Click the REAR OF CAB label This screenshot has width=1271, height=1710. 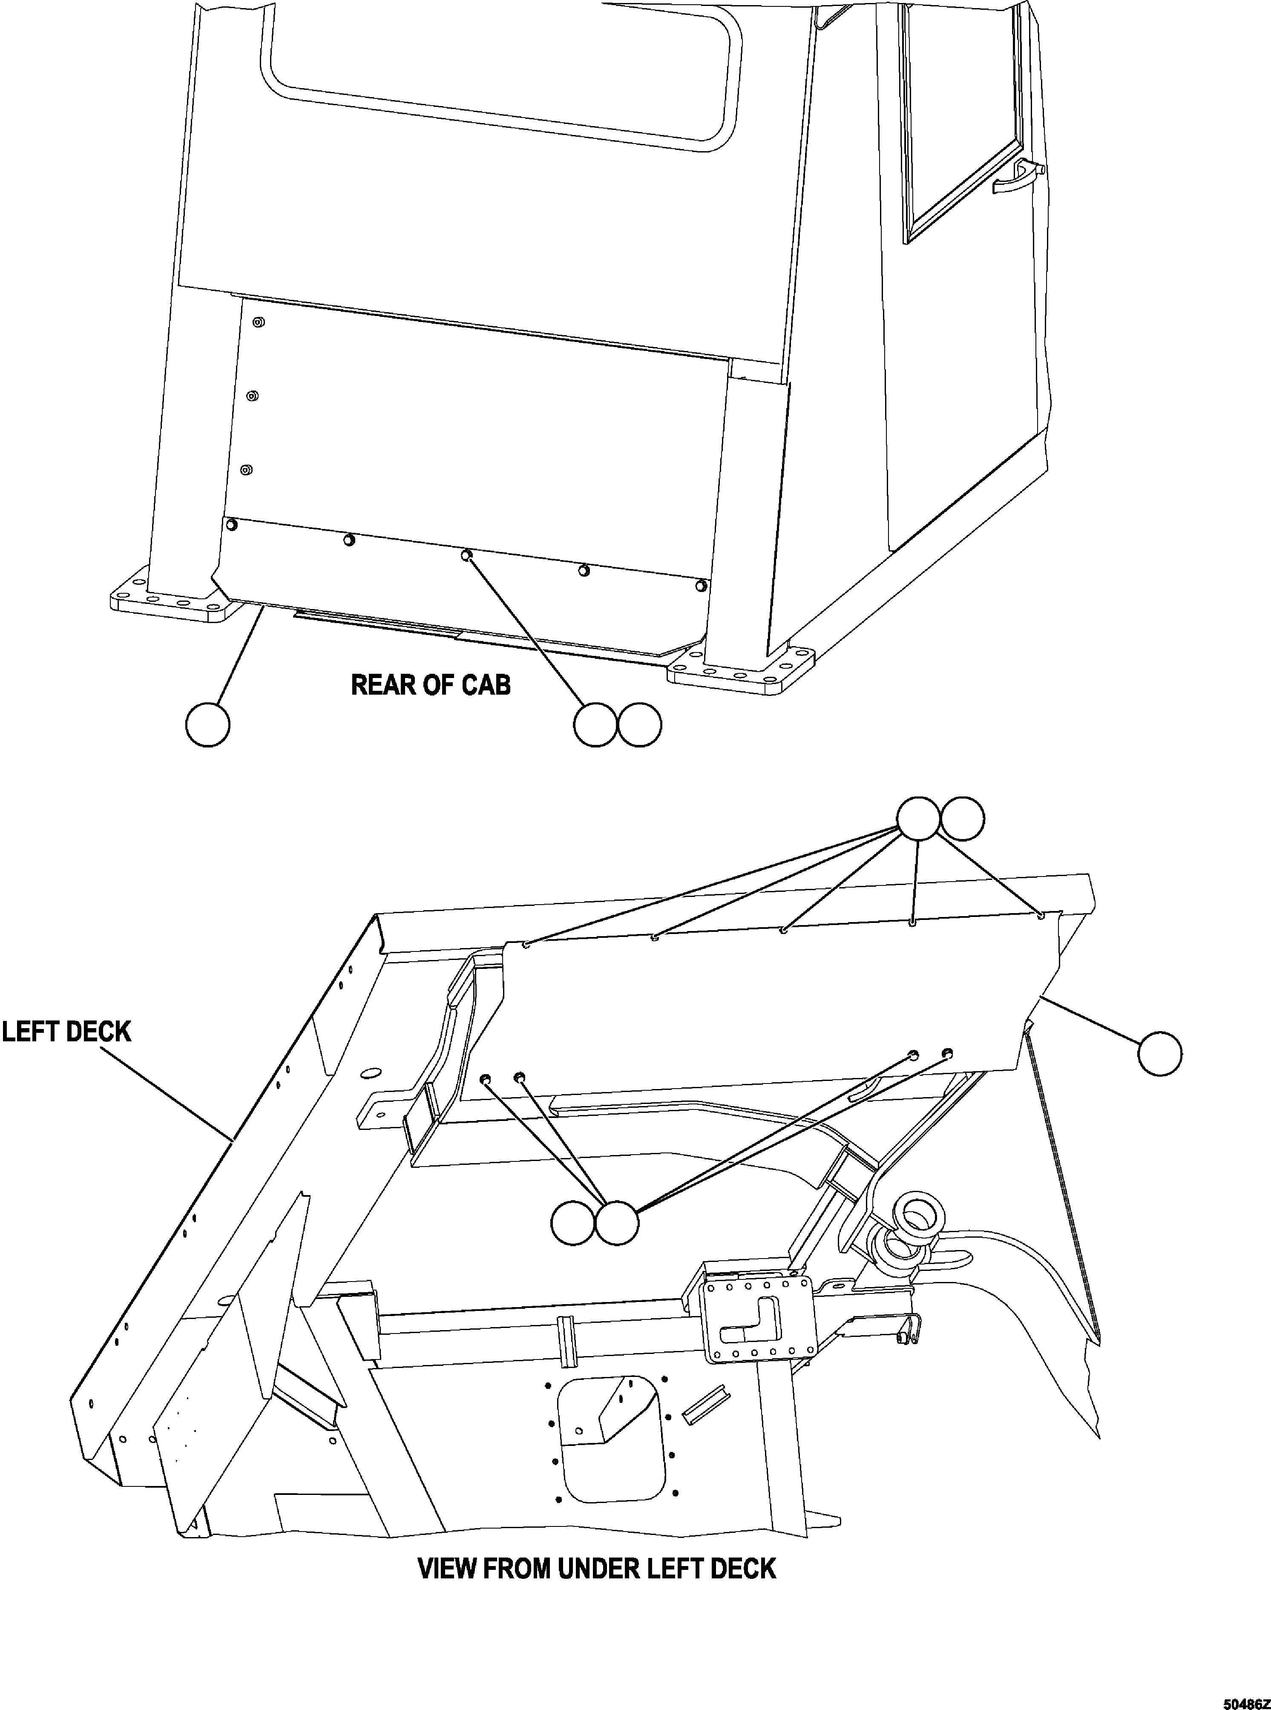(x=430, y=684)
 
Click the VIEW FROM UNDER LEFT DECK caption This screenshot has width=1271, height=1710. (x=596, y=1569)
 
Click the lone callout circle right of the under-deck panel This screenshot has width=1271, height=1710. (x=1159, y=1054)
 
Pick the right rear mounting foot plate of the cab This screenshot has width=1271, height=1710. (x=740, y=668)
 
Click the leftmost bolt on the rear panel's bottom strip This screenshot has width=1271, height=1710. (x=230, y=525)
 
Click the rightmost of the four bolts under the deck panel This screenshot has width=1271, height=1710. (x=946, y=1052)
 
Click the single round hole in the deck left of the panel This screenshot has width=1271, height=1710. (x=370, y=1072)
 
